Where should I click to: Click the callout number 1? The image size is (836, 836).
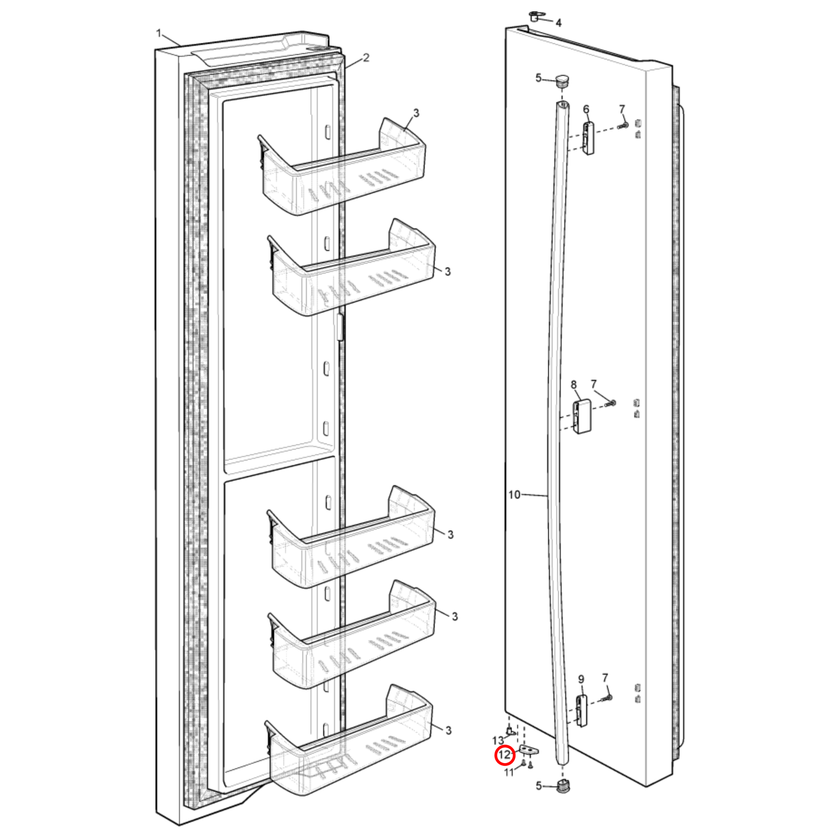click(x=159, y=34)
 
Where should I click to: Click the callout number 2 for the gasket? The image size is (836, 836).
click(x=366, y=58)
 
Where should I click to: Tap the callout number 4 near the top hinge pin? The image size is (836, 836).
click(x=558, y=23)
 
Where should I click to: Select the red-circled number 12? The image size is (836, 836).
click(x=504, y=755)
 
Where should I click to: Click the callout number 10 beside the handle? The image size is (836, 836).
click(x=514, y=495)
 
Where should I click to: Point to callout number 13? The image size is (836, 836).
click(x=498, y=741)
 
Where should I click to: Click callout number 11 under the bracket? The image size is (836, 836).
click(x=509, y=772)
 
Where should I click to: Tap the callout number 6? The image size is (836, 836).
click(x=586, y=109)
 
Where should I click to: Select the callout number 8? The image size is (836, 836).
click(x=573, y=385)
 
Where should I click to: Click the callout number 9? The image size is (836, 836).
click(x=581, y=679)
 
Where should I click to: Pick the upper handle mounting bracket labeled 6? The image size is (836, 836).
click(x=588, y=138)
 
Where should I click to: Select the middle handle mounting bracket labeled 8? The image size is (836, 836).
click(x=581, y=417)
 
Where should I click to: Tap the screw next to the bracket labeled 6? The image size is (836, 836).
click(x=623, y=124)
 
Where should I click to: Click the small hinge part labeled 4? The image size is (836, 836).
click(x=534, y=17)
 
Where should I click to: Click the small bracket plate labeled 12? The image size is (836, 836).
click(x=529, y=750)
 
